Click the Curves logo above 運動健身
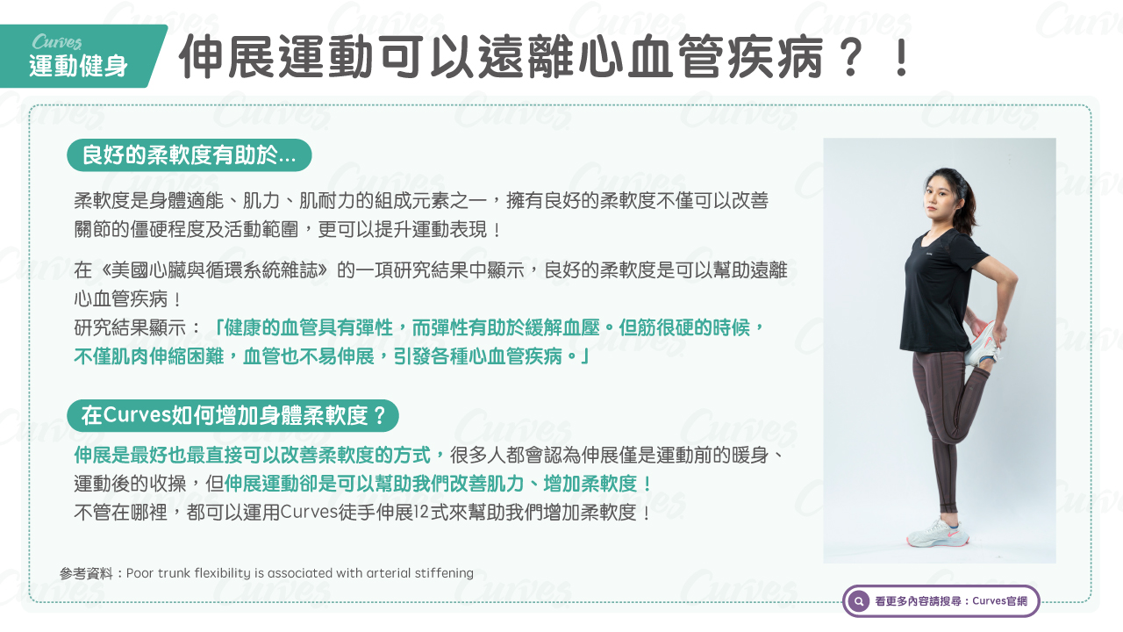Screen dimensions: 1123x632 point(57,42)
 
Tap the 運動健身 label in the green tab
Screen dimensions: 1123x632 point(79,66)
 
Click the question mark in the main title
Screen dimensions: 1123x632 point(850,56)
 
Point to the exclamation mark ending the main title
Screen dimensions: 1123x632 point(902,56)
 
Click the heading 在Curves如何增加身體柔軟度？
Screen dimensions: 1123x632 point(233,416)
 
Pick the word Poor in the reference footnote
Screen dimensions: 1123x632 point(139,573)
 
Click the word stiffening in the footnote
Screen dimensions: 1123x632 point(444,573)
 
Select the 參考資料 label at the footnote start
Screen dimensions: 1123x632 point(86,573)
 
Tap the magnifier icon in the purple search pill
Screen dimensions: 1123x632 point(859,601)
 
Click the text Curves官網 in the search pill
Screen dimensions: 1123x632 point(999,601)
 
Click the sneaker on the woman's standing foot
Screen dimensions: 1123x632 point(936,533)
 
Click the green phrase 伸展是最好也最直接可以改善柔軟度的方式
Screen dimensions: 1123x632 point(252,456)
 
